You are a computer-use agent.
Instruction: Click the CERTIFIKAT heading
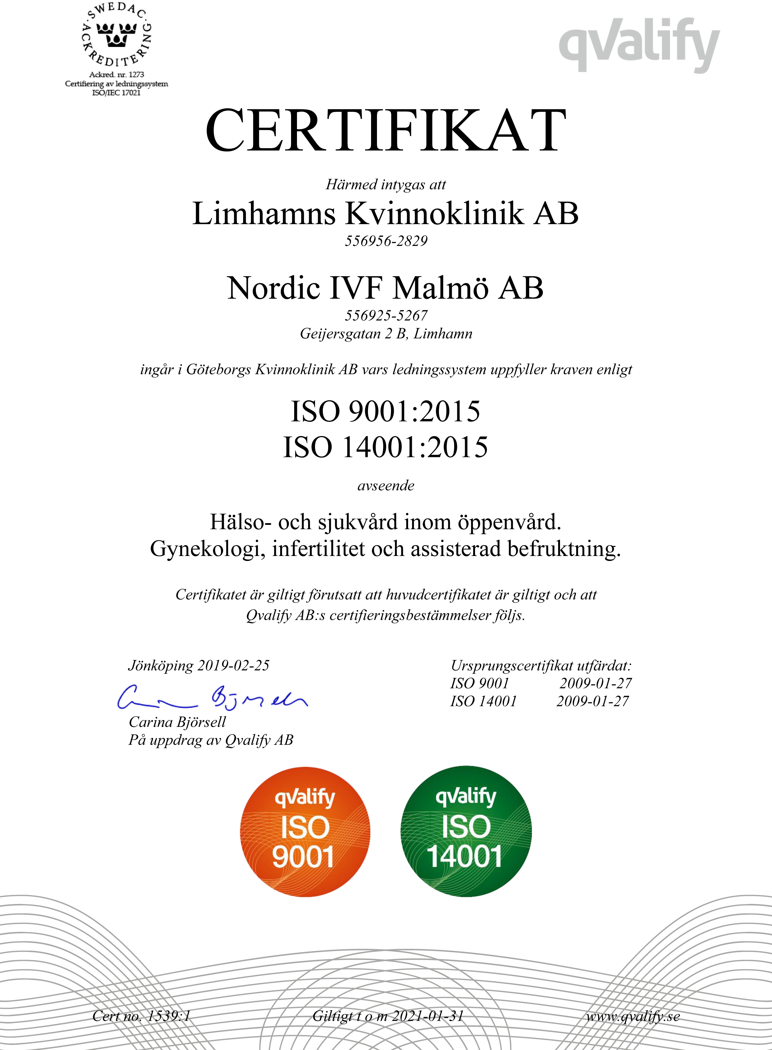(386, 130)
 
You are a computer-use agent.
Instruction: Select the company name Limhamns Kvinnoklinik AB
(385, 214)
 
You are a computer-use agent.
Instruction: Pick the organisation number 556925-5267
(386, 315)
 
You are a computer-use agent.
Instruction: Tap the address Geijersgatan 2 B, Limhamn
(386, 334)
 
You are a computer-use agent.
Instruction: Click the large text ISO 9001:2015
(385, 411)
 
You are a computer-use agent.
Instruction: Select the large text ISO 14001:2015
(385, 447)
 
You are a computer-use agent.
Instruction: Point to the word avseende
(386, 486)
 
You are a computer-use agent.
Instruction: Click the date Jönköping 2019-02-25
(199, 666)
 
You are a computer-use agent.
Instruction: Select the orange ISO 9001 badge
(305, 832)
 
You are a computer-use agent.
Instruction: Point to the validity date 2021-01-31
(428, 1016)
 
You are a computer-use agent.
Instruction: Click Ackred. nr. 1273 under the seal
(116, 75)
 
